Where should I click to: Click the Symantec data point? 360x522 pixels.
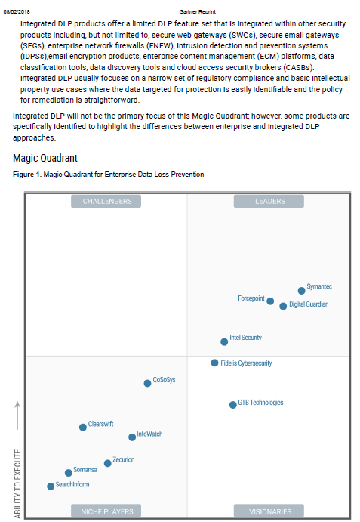[x=301, y=290]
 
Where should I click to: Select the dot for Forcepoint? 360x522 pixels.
[x=270, y=301]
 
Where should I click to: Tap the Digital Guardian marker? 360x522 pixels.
[x=283, y=306]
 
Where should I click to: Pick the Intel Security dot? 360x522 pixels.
[x=223, y=341]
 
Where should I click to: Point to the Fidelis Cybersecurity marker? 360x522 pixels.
[x=214, y=363]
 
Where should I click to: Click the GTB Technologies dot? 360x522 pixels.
[x=232, y=405]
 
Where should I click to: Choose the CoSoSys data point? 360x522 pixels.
[x=147, y=383]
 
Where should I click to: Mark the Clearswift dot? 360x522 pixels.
[x=83, y=427]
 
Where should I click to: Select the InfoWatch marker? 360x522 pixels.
[x=132, y=437]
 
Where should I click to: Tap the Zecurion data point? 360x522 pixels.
[x=107, y=463]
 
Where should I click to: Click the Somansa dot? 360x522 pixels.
[x=68, y=473]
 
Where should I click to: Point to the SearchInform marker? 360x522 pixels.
[x=51, y=486]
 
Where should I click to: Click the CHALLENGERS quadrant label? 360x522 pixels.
[x=107, y=201]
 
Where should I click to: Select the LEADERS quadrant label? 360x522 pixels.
[x=269, y=201]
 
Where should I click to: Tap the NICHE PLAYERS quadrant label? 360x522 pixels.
[x=107, y=511]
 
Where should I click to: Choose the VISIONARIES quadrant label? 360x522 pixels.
[x=269, y=511]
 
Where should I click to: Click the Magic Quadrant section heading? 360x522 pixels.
[x=46, y=158]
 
